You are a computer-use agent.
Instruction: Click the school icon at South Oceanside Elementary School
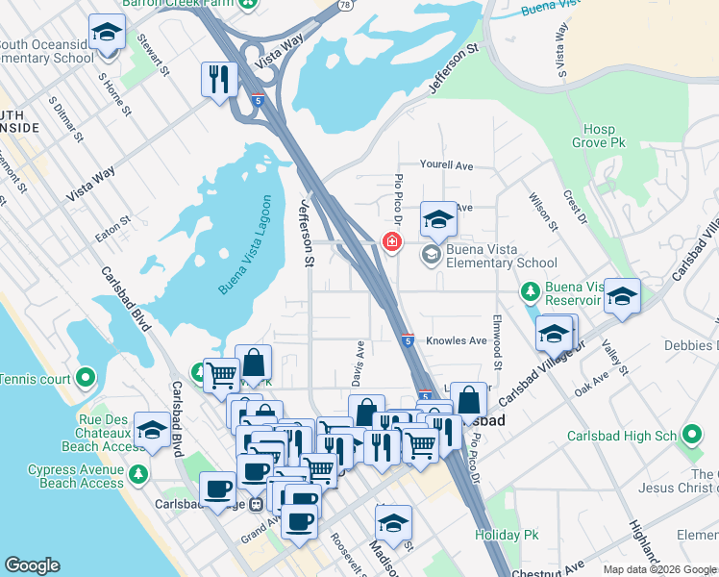point(107,32)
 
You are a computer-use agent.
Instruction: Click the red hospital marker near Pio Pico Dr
point(391,241)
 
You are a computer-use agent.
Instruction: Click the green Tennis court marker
point(86,378)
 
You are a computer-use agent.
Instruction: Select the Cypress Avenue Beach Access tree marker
point(138,475)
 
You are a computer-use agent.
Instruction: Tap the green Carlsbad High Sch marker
point(691,435)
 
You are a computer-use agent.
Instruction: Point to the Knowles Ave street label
point(457,340)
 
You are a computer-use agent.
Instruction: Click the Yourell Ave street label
point(446,165)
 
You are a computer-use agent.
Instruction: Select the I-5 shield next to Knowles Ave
point(408,339)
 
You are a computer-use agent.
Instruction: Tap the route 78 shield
point(344,4)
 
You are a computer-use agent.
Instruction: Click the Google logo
point(33,565)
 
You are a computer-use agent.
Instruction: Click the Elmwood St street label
point(498,341)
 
